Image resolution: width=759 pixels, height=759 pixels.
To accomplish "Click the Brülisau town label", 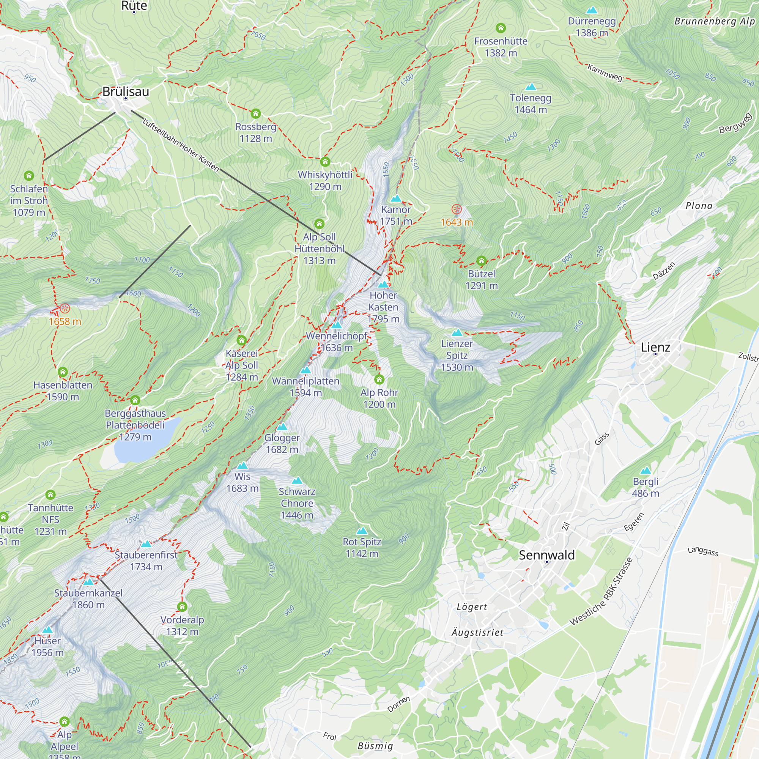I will (x=126, y=91).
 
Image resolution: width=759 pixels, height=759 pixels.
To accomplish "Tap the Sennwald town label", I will (x=546, y=555).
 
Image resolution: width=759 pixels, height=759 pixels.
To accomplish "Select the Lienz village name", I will (x=655, y=347).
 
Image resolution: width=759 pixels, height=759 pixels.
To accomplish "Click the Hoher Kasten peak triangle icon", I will (x=383, y=284).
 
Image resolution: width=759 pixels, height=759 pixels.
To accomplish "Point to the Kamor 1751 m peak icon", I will (x=396, y=198).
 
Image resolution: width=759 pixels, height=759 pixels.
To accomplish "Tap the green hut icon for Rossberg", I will (x=256, y=114).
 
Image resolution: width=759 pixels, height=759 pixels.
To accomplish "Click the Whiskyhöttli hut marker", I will (x=325, y=161).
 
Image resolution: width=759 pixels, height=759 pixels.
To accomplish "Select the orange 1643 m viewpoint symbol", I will (x=456, y=209).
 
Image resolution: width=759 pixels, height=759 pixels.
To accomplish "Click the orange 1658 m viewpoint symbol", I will (x=65, y=309).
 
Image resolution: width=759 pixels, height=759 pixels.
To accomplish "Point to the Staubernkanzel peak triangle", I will (x=88, y=582).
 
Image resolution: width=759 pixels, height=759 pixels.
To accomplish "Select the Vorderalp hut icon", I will (x=182, y=606).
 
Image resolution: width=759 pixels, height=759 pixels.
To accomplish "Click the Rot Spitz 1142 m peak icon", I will (x=362, y=531).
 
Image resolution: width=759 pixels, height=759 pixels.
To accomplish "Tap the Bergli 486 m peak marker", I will (x=646, y=471).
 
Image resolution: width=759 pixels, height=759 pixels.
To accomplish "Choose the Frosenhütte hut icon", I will (x=501, y=28).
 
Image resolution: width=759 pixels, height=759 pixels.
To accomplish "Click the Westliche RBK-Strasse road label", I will (x=601, y=591).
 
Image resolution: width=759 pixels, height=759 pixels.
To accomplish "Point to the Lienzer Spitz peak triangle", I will (x=457, y=333).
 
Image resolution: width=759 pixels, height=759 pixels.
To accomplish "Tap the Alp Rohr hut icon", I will (x=379, y=379).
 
